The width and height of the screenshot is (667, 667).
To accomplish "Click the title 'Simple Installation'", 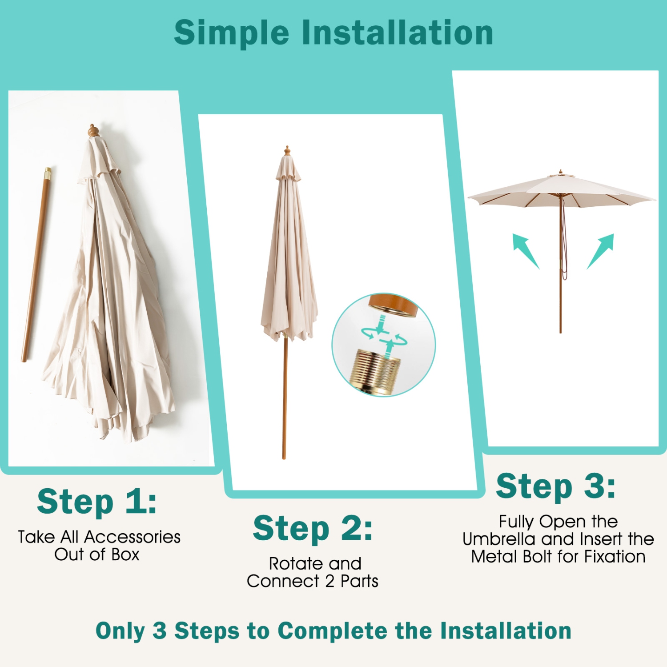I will click(x=333, y=33).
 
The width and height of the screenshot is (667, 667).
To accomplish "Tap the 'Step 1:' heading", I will click(x=97, y=502).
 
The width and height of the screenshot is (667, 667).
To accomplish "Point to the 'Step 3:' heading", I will click(x=556, y=486).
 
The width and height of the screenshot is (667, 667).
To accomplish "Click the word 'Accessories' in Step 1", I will click(x=133, y=537).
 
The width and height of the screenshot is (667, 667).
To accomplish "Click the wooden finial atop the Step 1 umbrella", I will click(x=92, y=131).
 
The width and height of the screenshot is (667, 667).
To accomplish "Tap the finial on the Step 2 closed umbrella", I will click(x=287, y=150).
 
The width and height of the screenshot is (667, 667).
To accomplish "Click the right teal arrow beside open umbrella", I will click(x=602, y=250).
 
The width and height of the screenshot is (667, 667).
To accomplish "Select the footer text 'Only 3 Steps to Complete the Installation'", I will click(x=333, y=631).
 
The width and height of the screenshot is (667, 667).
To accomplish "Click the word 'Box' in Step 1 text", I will click(x=125, y=555).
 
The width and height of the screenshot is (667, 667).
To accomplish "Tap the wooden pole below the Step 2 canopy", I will click(x=285, y=400).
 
